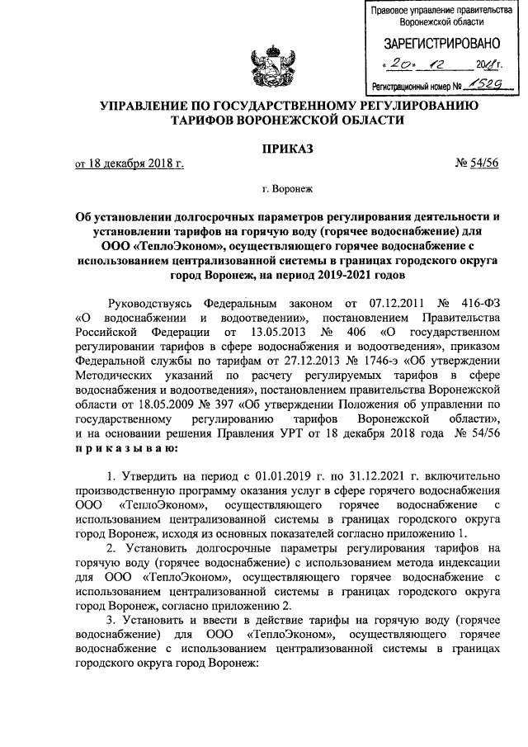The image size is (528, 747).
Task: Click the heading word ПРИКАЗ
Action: (264, 149)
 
